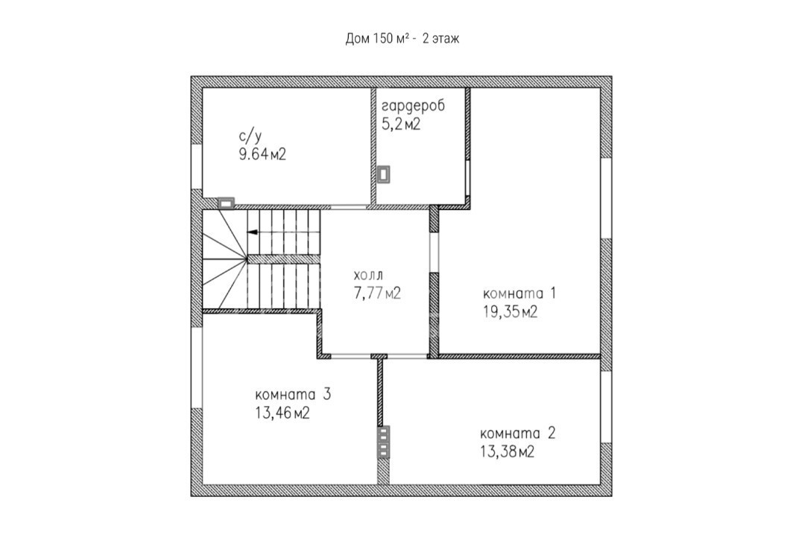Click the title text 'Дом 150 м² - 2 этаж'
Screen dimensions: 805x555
click(x=402, y=39)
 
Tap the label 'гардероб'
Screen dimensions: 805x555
click(x=413, y=106)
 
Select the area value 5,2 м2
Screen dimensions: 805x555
click(x=401, y=124)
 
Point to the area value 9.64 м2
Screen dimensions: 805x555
click(x=262, y=154)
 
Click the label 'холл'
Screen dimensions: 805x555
click(x=369, y=274)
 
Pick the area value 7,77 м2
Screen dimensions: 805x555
click(x=377, y=293)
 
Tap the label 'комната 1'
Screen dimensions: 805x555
click(x=519, y=294)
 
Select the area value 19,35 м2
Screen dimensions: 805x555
click(x=511, y=311)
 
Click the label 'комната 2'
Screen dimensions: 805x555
click(x=517, y=434)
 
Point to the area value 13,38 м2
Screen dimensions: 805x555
click(x=508, y=452)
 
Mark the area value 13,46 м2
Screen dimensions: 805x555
click(x=282, y=413)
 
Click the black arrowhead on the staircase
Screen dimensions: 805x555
click(x=252, y=232)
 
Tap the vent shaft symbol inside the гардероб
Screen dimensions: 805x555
click(x=384, y=174)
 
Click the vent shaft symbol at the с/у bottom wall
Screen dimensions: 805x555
click(x=226, y=203)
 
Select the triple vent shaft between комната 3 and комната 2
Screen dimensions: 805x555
click(x=384, y=443)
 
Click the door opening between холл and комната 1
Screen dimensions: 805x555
click(x=435, y=253)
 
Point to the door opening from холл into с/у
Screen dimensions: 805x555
click(x=348, y=206)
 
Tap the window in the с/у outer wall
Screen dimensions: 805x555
click(x=197, y=167)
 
